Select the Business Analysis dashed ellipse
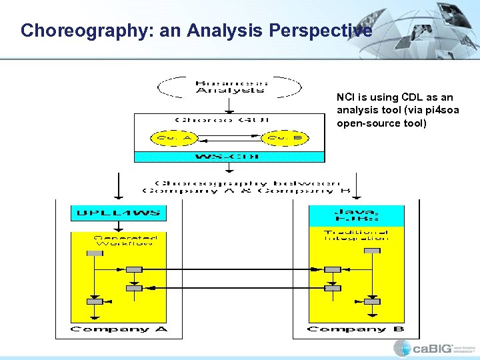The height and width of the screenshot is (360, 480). (229, 87)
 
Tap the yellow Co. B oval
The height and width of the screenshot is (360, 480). (283, 138)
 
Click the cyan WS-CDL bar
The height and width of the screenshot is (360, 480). (229, 157)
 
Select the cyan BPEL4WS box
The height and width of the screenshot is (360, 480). (118, 213)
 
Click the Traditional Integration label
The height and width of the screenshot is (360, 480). (355, 235)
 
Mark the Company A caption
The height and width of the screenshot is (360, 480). (119, 329)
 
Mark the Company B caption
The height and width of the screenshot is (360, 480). (355, 329)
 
